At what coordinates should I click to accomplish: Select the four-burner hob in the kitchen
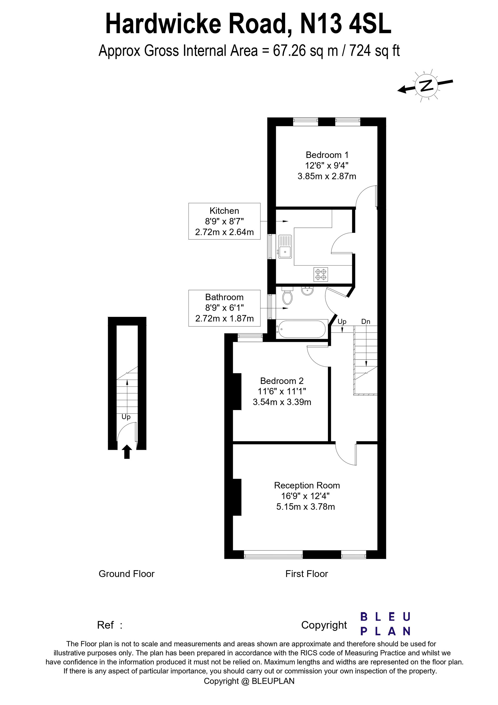pos(321,274)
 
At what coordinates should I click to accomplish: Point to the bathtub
pos(301,330)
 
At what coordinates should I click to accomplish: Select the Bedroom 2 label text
pos(282,381)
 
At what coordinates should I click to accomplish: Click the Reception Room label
pos(307,486)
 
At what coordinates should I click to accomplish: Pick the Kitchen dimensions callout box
pos(224,221)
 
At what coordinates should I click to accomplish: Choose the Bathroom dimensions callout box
pos(224,308)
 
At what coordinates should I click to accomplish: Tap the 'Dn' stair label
pos(366,322)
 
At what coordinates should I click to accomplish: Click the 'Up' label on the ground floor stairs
pos(126,417)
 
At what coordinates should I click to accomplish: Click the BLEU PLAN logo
pos(385,624)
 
